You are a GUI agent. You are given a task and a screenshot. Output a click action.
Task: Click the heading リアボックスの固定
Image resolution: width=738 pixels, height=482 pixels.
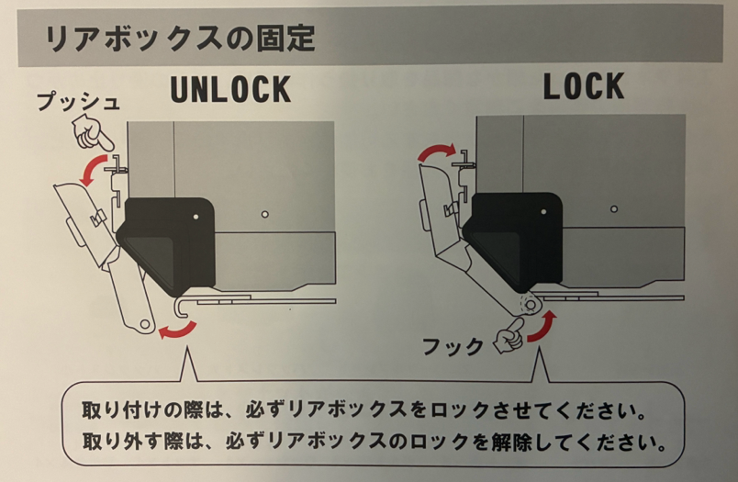click(181, 39)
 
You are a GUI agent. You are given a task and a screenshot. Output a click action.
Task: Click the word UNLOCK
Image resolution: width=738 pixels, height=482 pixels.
click(230, 89)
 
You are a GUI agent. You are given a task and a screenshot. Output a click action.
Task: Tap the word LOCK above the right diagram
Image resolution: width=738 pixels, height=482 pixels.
click(584, 86)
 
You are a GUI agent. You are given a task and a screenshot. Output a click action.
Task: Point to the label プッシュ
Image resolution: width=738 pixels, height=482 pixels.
click(78, 101)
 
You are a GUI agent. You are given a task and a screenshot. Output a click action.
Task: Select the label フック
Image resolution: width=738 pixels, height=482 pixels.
click(453, 346)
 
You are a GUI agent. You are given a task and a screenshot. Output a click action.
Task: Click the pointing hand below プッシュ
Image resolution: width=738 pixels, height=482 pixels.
click(92, 133)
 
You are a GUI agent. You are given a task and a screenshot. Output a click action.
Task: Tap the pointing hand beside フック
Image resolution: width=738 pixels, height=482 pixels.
click(509, 335)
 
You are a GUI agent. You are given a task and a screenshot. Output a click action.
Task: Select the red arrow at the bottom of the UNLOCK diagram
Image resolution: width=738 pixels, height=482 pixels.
click(178, 330)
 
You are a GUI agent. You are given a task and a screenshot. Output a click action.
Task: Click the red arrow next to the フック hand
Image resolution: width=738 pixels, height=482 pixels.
click(542, 326)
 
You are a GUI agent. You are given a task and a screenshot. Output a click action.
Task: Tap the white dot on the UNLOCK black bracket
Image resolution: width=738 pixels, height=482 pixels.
click(196, 217)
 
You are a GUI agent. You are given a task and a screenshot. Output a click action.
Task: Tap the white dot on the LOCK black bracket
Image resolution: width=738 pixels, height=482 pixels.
click(543, 212)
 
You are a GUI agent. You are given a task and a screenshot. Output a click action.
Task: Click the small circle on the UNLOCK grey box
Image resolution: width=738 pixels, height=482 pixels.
click(265, 215)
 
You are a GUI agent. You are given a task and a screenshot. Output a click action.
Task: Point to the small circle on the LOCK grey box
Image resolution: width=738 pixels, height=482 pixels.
click(614, 209)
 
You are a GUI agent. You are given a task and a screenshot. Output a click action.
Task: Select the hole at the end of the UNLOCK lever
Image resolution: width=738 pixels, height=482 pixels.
click(144, 324)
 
